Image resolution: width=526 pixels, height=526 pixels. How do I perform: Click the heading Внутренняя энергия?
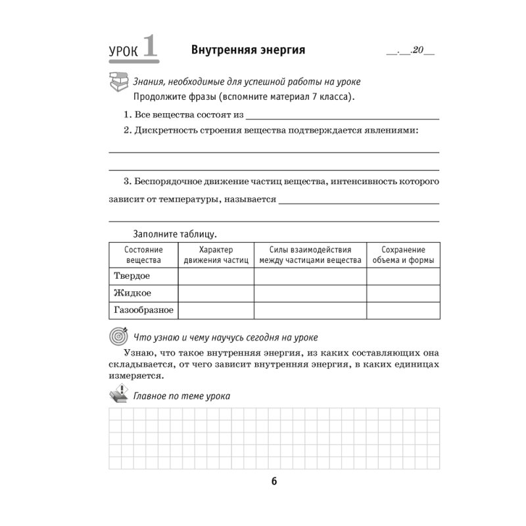(x=248, y=50)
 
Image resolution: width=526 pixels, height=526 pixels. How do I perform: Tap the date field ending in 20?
(x=411, y=51)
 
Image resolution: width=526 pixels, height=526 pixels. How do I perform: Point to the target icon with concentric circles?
(x=117, y=337)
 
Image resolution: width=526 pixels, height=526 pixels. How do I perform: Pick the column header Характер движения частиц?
(x=216, y=255)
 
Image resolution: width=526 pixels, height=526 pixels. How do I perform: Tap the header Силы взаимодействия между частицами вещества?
(x=310, y=255)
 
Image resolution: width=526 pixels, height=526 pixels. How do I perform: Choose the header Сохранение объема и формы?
(x=403, y=255)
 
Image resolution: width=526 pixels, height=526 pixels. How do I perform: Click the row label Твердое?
(x=132, y=276)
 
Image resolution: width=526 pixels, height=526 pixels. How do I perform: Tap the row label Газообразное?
(x=143, y=310)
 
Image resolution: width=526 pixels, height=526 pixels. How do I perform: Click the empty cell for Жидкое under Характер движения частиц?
(x=216, y=293)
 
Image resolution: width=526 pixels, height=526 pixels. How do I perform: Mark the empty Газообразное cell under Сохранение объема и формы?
(x=403, y=310)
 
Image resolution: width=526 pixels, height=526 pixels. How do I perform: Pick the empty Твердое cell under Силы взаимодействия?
(x=310, y=276)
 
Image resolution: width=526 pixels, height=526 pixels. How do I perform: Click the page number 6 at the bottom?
(x=274, y=481)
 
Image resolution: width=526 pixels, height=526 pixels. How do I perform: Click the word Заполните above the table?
(x=156, y=233)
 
